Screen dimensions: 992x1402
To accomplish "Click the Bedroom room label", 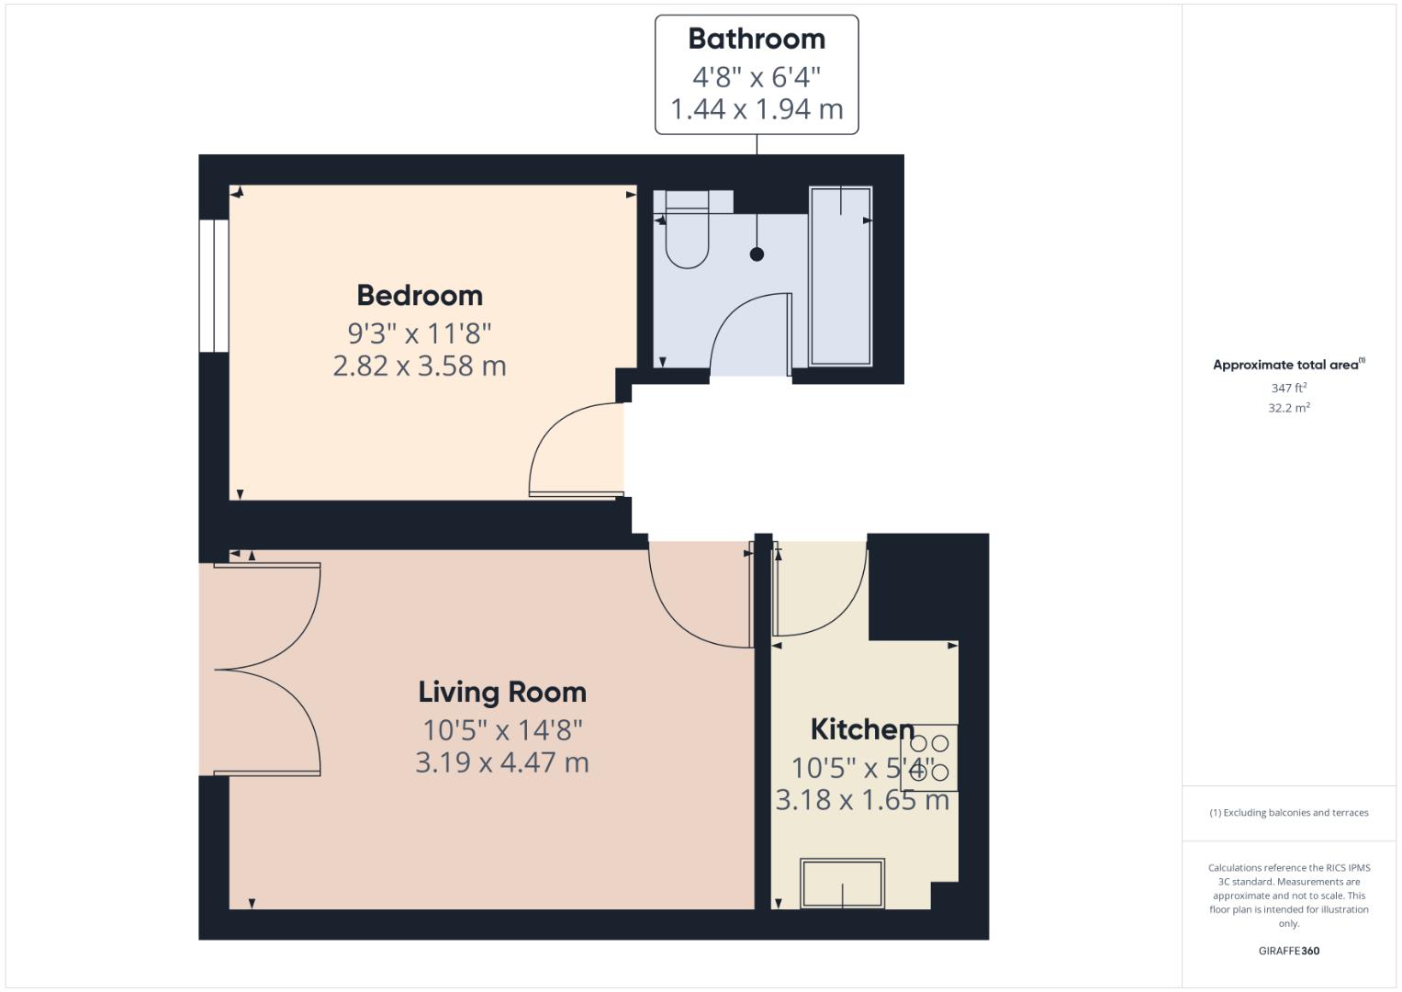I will click(x=420, y=296).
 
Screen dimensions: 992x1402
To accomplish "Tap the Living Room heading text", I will click(x=502, y=693).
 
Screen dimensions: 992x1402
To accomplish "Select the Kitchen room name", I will click(x=861, y=730).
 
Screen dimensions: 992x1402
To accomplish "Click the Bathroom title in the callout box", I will click(x=757, y=39).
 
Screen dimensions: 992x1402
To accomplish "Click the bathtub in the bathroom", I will click(x=840, y=276).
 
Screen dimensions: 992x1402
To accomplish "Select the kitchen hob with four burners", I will click(x=928, y=758).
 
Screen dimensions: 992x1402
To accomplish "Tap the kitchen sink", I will click(x=842, y=883).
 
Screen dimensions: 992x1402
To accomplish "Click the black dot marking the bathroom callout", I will click(x=757, y=254).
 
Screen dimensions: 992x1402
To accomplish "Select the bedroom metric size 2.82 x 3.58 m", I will click(x=420, y=366).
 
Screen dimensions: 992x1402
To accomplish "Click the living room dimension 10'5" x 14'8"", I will click(x=502, y=730).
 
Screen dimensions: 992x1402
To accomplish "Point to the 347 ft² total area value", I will click(x=1288, y=389).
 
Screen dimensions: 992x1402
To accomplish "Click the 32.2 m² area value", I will click(x=1288, y=409).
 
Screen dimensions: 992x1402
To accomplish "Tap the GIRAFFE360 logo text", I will click(x=1288, y=951).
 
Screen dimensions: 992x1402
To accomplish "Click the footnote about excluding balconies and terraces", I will click(x=1288, y=813).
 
